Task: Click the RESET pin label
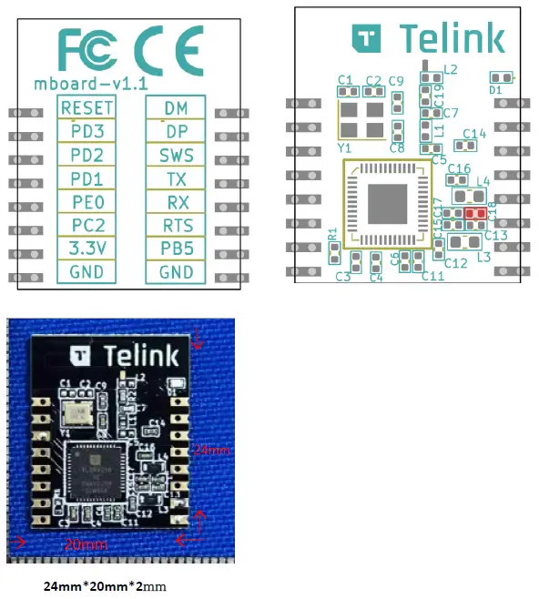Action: point(86,108)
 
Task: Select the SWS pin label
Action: point(176,157)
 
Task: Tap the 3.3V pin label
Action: point(86,247)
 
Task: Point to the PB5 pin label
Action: point(176,247)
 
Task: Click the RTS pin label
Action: point(176,225)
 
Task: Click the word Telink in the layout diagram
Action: point(452,39)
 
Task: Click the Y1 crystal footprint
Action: point(361,119)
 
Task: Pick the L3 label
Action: point(483,258)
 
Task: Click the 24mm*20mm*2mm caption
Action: point(109,584)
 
